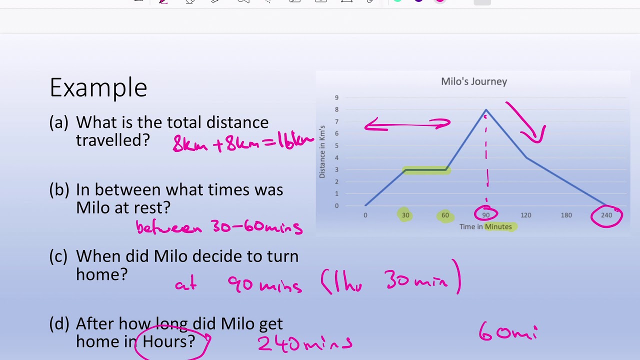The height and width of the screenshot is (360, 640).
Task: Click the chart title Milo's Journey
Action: (x=473, y=81)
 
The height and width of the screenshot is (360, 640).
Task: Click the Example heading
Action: (x=98, y=87)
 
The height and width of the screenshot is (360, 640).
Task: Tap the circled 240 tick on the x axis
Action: (x=606, y=215)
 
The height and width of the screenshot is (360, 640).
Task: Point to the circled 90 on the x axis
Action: (x=485, y=215)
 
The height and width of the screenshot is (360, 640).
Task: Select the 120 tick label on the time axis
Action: (x=525, y=215)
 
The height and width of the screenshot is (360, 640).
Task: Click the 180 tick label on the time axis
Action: (x=566, y=215)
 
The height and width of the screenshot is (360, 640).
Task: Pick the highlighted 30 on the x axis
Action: (x=405, y=215)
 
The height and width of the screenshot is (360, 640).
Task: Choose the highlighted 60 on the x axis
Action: (x=445, y=215)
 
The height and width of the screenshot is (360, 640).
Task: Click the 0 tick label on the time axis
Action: (x=365, y=215)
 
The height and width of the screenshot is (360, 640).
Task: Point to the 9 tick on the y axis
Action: (x=336, y=98)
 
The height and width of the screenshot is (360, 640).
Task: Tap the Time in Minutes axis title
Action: (x=485, y=227)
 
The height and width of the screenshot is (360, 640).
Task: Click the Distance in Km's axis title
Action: (x=322, y=151)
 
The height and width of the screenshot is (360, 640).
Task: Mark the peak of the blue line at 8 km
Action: (x=485, y=110)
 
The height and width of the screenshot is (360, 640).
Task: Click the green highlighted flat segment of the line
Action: (x=425, y=170)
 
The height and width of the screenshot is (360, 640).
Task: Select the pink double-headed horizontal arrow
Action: (x=407, y=125)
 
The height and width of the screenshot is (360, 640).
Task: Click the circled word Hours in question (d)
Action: (x=168, y=342)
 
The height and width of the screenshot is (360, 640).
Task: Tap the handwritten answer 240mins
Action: (x=305, y=343)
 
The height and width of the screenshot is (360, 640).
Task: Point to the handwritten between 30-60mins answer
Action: (x=219, y=227)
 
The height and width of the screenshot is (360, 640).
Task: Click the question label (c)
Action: (x=58, y=256)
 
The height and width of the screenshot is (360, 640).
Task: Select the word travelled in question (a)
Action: (x=112, y=140)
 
